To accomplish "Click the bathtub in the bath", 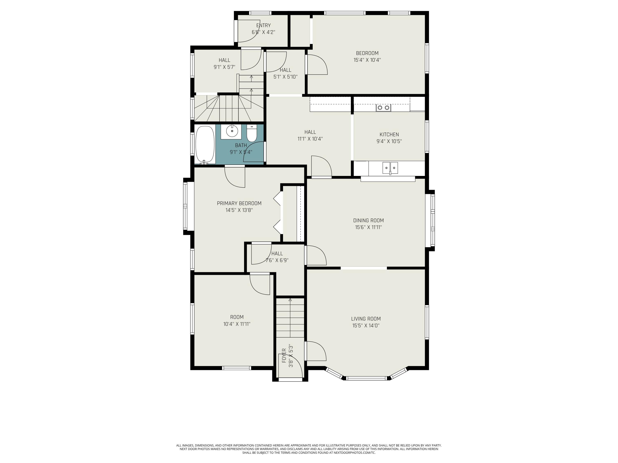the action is [205, 145].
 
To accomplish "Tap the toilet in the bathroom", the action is [252, 133].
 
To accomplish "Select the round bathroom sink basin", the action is [232, 131].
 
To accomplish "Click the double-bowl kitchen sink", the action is [390, 168].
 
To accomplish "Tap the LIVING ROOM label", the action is [366, 319].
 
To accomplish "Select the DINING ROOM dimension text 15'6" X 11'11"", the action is [368, 227].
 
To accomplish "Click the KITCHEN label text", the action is [389, 135].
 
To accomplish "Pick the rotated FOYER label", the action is [284, 356].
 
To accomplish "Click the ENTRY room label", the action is [263, 25].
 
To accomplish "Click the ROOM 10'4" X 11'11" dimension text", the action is [237, 324].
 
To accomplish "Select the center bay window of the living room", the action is [366, 378].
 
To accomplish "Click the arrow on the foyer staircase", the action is [290, 318].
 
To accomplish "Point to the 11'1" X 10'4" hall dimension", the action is [310, 139].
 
